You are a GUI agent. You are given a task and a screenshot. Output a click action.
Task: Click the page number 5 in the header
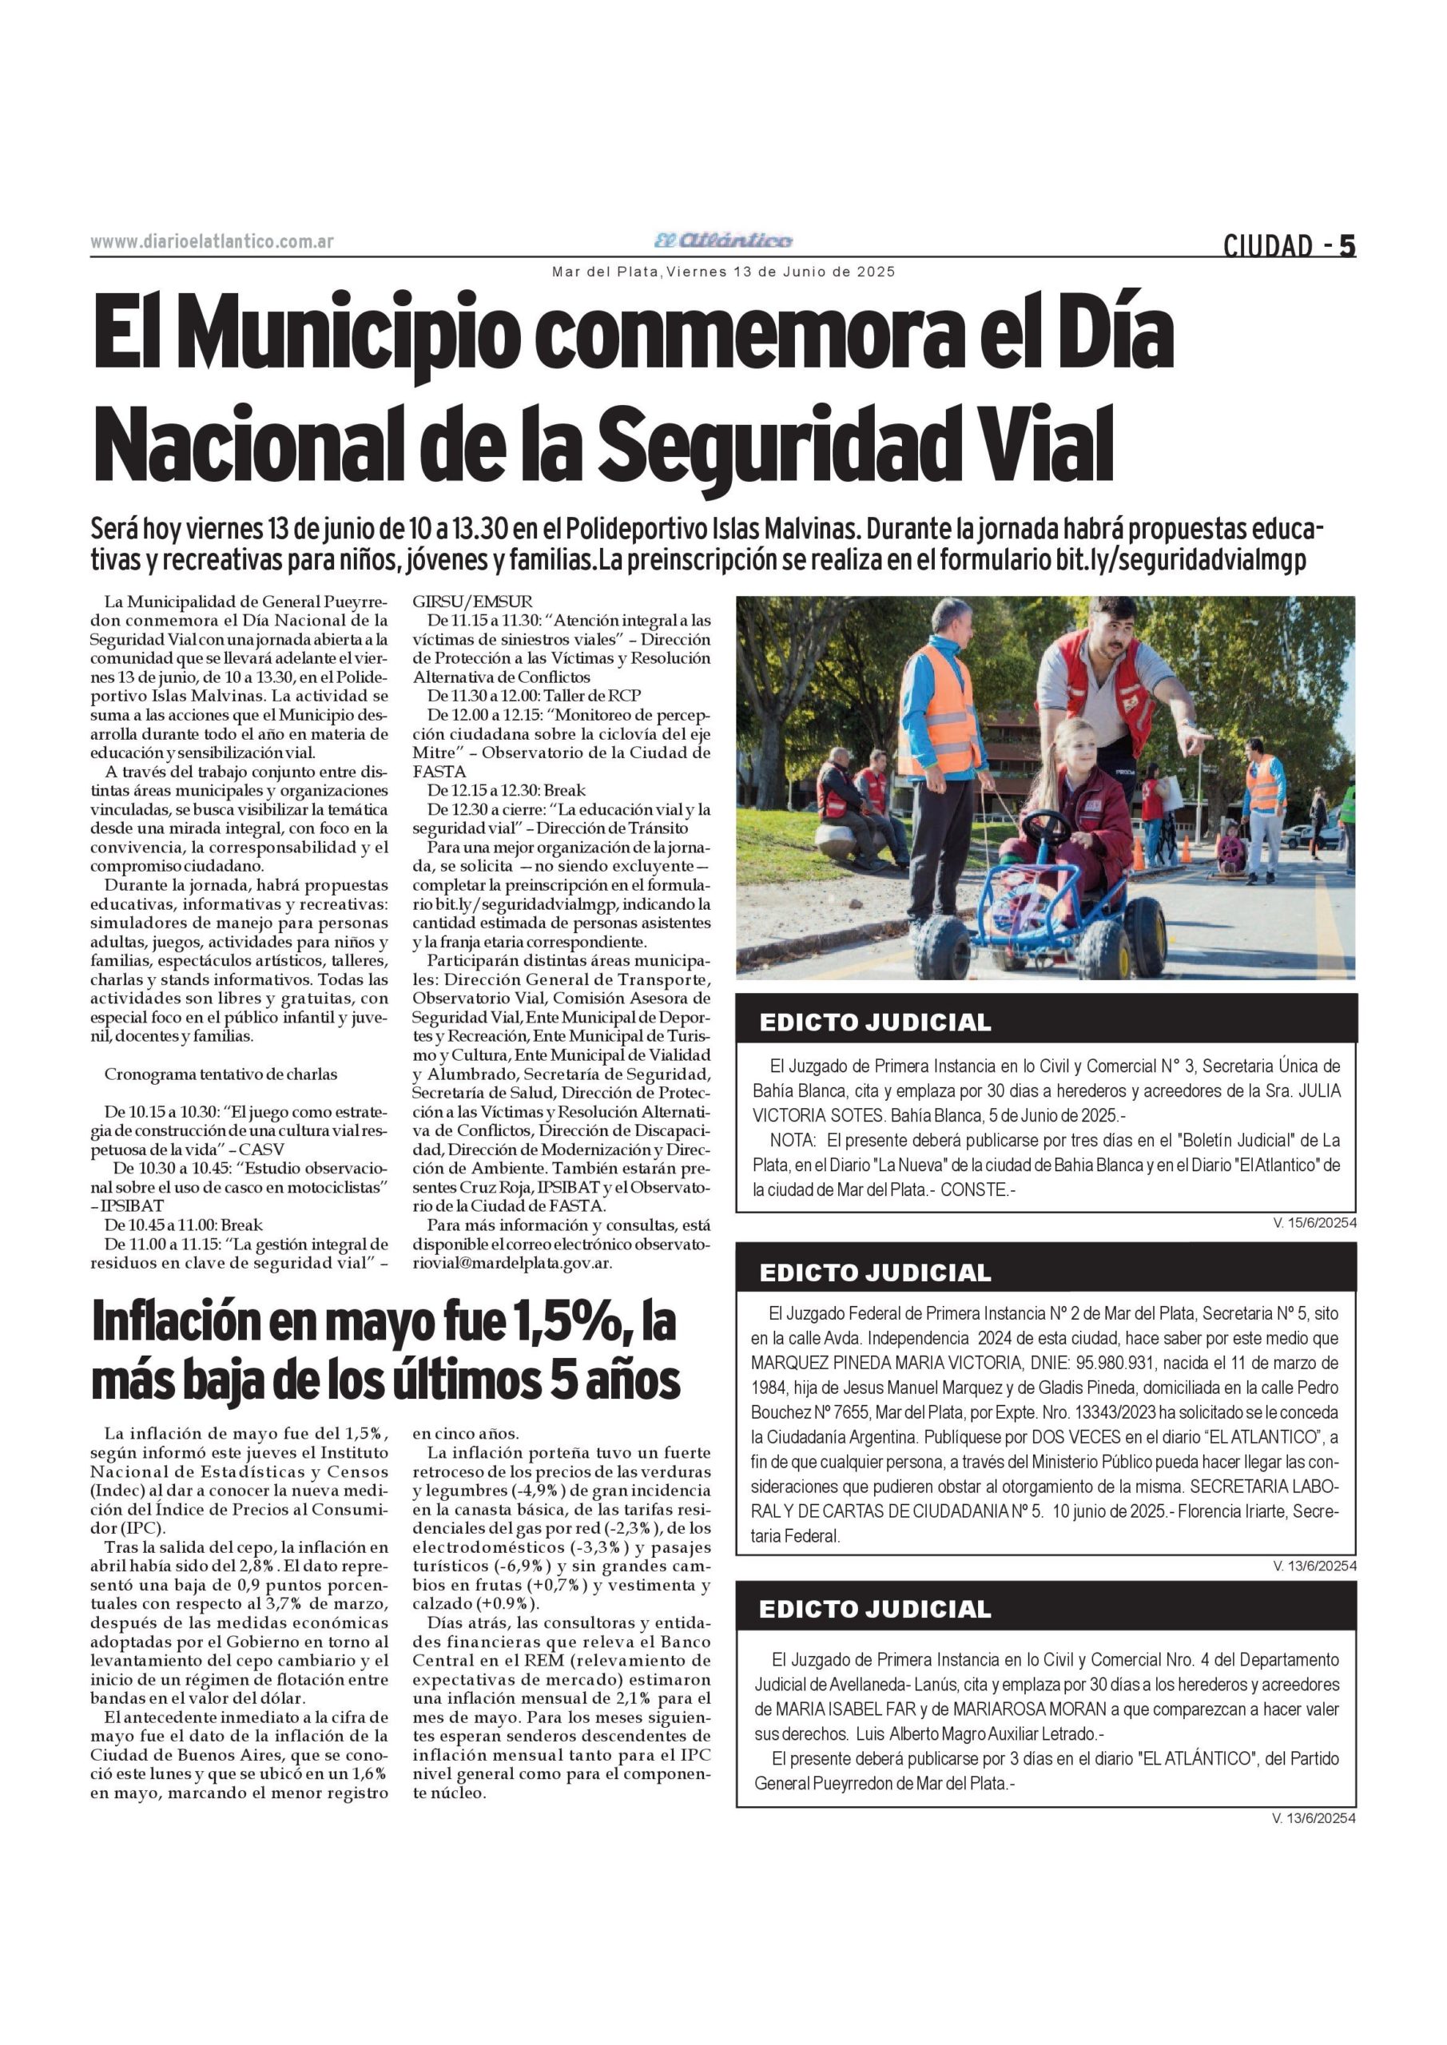(x=1346, y=245)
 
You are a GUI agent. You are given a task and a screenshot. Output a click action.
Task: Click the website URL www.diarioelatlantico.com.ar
(x=212, y=241)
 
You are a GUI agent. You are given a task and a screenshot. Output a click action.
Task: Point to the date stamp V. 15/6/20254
(x=1314, y=1224)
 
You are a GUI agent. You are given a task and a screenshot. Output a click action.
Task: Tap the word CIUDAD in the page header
(x=1268, y=246)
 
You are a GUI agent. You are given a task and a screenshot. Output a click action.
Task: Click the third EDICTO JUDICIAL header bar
(x=1046, y=1609)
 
